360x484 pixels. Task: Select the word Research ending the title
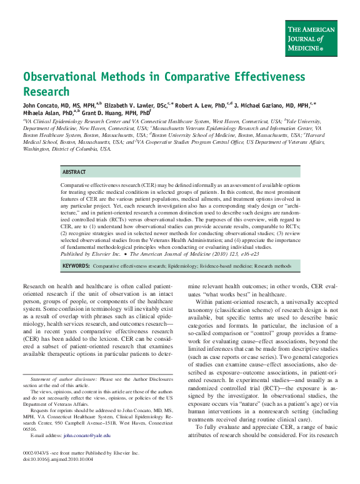click(x=46, y=91)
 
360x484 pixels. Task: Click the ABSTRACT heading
click(x=74, y=171)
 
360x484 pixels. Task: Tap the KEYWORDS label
click(x=76, y=266)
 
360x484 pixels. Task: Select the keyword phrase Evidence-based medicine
click(x=229, y=266)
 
